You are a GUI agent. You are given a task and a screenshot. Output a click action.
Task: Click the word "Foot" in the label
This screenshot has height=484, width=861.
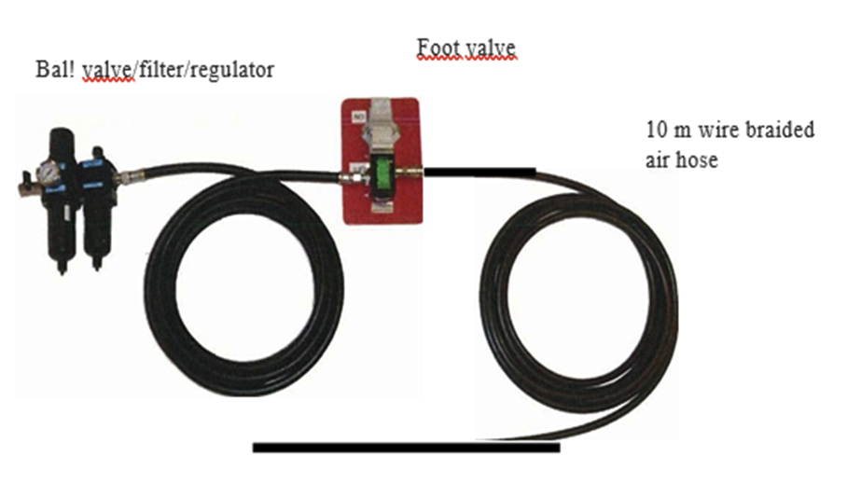437,48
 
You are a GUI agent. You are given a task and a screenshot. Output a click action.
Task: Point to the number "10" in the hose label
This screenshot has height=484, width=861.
656,130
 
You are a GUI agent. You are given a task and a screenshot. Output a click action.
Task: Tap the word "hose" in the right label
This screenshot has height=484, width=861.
699,159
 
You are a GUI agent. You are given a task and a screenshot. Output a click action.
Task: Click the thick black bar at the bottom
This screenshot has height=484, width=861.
406,448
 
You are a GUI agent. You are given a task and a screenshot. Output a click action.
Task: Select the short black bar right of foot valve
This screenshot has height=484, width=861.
479,171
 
